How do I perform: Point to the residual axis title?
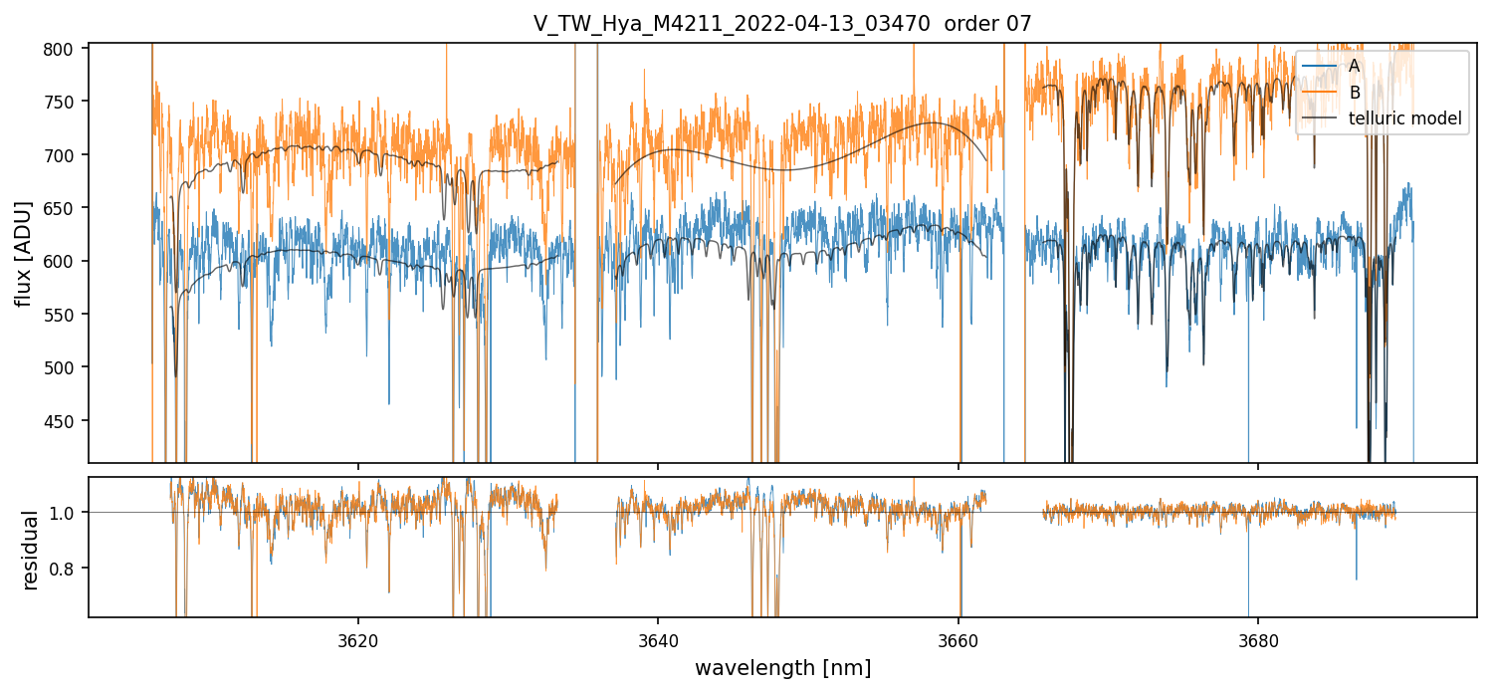coord(30,550)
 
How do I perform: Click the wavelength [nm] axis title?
coord(782,667)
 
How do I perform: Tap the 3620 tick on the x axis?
coord(358,637)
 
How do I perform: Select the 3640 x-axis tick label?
coord(658,637)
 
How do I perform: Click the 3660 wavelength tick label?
coord(959,637)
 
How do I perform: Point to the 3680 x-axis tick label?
coord(1258,637)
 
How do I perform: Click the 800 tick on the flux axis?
coord(69,49)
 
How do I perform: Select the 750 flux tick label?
coord(69,102)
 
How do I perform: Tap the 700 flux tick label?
coord(69,155)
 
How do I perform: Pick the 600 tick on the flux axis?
coord(69,262)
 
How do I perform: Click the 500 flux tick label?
coord(69,368)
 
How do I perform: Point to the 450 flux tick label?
coord(69,421)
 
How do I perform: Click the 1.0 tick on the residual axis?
coord(72,513)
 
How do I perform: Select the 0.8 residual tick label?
coord(72,569)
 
